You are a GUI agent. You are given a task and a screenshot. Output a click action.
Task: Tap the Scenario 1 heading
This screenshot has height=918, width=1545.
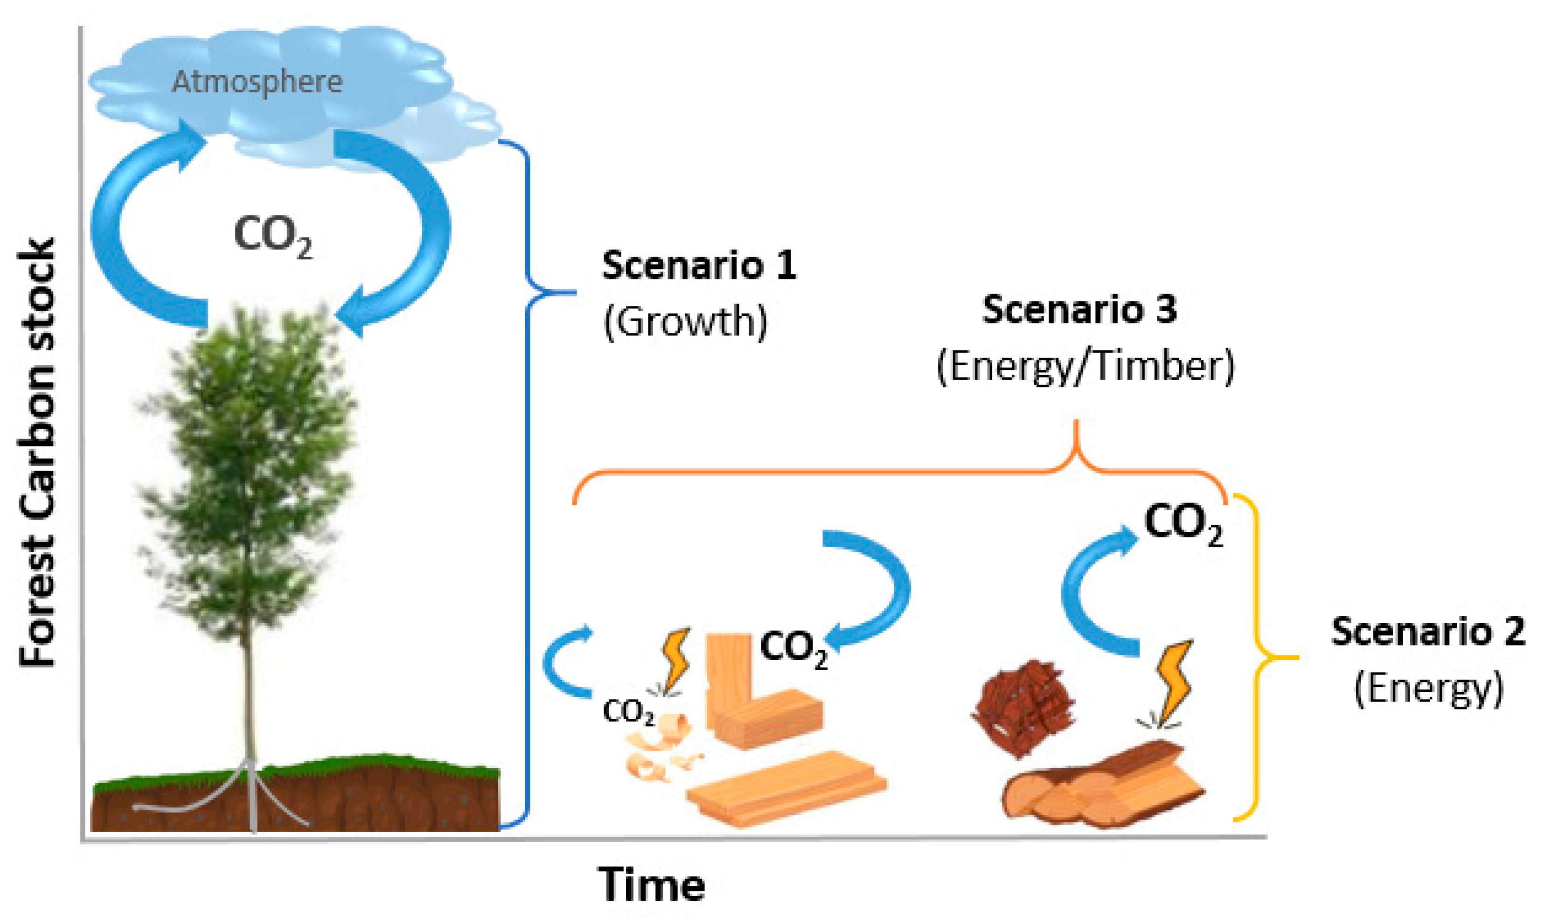699,266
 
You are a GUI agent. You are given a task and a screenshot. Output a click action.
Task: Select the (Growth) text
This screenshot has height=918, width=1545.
685,322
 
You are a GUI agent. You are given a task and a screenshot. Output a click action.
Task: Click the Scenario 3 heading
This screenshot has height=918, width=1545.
1079,309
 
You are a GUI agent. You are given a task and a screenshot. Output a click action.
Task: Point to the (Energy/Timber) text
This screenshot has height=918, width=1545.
1086,366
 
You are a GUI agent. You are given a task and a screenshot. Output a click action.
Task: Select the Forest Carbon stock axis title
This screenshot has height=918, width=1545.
37,452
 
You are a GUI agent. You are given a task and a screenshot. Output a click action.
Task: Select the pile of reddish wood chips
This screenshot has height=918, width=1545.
1023,708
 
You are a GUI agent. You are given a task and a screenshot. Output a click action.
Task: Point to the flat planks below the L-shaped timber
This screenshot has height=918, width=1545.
786,789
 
